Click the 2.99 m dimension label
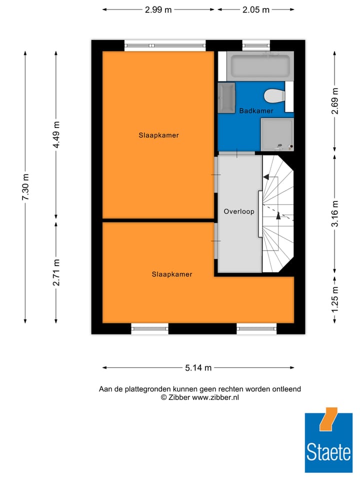[158, 10]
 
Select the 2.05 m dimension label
[256, 10]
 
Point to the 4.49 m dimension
[56, 135]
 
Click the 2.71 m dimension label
[56, 272]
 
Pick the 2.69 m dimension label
[335, 101]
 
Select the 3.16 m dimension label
[335, 213]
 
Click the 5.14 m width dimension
[198, 368]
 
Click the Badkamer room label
[256, 110]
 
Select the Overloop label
[239, 211]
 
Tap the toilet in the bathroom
[274, 95]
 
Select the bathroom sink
[226, 97]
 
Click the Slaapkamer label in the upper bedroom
[158, 135]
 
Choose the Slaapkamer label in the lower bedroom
[172, 274]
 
